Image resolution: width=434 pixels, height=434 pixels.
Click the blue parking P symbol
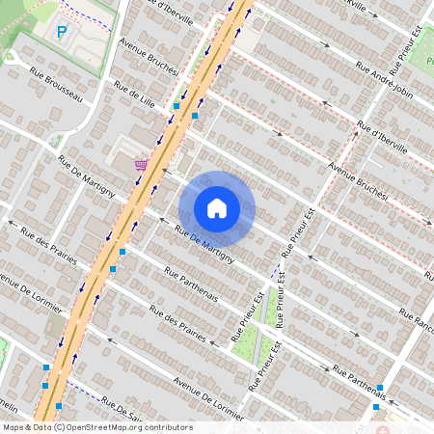tap(62, 32)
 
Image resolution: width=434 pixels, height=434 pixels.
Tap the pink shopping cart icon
tap(142, 164)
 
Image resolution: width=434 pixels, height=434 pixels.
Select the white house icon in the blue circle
tap(217, 208)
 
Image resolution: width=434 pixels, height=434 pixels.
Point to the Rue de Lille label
tap(134, 99)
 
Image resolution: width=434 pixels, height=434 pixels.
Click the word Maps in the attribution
tap(14, 427)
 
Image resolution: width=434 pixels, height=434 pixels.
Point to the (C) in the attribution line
tap(59, 427)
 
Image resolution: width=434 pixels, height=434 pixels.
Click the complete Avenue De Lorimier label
tap(205, 395)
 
